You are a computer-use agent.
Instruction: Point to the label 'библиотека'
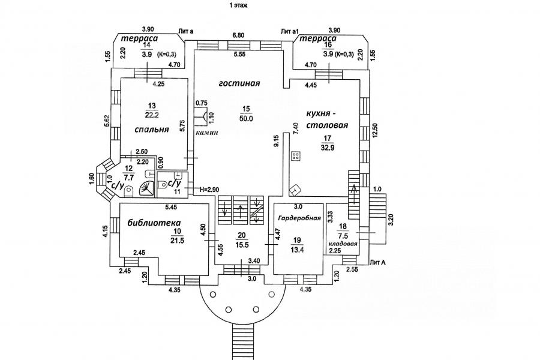(x=155, y=223)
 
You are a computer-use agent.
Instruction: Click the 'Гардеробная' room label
(x=298, y=218)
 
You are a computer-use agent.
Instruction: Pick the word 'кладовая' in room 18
(x=343, y=244)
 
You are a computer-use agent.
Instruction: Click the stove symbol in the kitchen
(x=295, y=157)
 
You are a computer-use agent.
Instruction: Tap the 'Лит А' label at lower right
(x=378, y=262)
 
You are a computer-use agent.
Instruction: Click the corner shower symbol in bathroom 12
(x=146, y=189)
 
